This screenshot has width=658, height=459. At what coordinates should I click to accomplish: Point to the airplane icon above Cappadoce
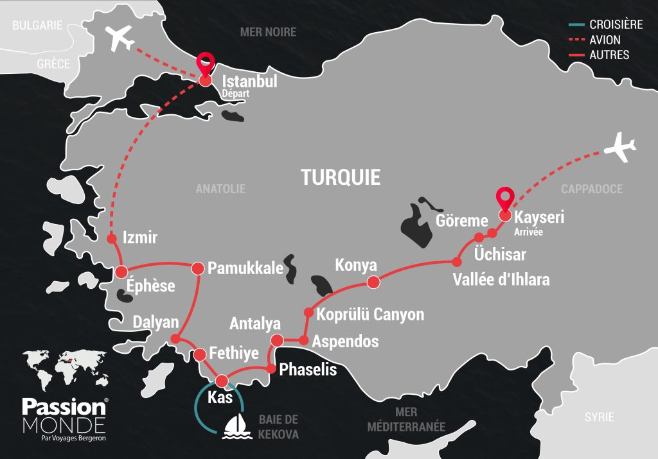(621, 148)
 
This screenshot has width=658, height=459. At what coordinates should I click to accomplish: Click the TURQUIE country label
(341, 177)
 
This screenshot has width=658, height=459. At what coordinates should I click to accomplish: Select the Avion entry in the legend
(605, 40)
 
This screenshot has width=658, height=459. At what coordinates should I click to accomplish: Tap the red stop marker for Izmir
(112, 238)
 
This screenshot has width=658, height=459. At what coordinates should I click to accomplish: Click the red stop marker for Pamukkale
(197, 266)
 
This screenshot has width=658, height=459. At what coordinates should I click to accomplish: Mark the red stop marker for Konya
(372, 282)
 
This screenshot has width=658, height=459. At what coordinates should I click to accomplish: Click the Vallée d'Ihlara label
(501, 280)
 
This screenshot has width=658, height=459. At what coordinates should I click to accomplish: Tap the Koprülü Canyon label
(370, 315)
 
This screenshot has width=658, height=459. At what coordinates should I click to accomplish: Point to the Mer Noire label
(268, 31)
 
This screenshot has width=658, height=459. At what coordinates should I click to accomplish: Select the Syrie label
(599, 417)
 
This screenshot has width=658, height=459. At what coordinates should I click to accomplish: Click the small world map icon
(63, 370)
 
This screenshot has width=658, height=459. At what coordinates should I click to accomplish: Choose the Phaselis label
(308, 370)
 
